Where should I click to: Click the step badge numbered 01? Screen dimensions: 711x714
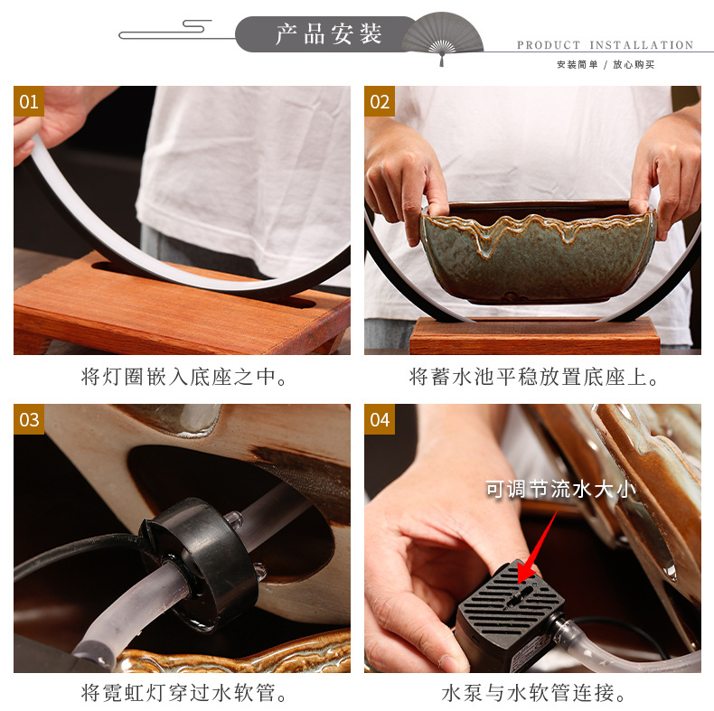pos(29,101)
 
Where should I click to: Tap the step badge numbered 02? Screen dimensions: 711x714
pos(380,101)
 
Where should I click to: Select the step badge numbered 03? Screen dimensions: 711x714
pos(29,419)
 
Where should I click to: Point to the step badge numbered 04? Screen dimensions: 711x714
pos(380,419)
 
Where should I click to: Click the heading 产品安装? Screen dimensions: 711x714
pos(329,34)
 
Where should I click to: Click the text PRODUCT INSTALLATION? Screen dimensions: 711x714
pos(605,45)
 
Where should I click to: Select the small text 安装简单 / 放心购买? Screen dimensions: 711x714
pos(605,64)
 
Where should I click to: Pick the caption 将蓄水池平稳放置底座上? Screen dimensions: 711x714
pos(533,377)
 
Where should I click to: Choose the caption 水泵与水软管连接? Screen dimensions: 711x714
pos(533,694)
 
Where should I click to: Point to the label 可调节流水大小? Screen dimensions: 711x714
pos(560,489)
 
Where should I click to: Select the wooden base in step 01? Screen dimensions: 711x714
pos(181,307)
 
